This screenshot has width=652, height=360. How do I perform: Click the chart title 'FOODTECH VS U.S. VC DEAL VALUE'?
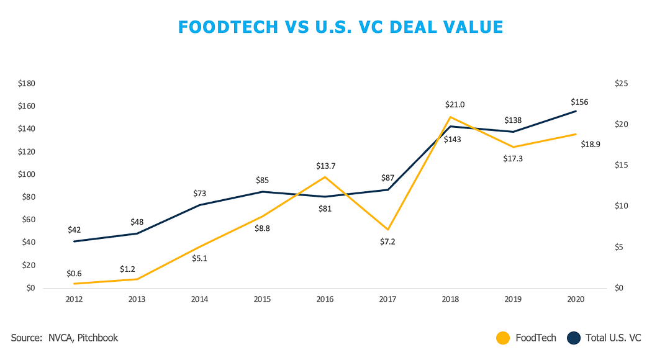(x=340, y=27)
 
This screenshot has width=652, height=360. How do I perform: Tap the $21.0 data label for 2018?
(x=455, y=105)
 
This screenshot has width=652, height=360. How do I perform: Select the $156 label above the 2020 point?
(x=580, y=102)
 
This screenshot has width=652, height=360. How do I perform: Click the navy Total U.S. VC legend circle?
(x=574, y=338)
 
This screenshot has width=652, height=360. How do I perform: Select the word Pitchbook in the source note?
(x=97, y=338)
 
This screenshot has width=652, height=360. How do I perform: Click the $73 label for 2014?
(x=200, y=194)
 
